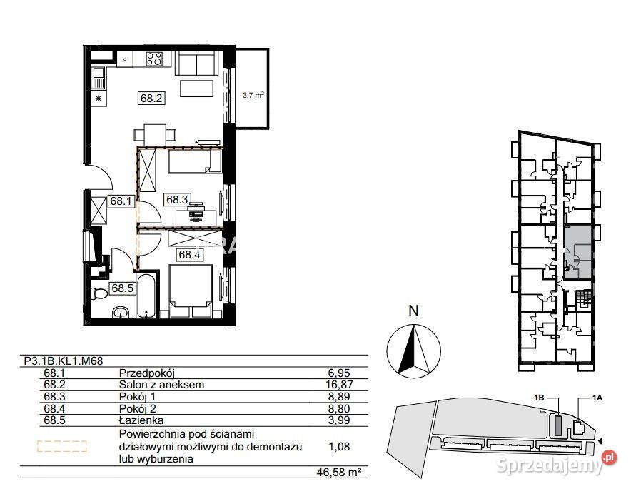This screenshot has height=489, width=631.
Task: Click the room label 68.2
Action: pyautogui.click(x=151, y=98)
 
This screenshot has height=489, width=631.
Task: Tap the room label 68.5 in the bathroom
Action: pyautogui.click(x=122, y=288)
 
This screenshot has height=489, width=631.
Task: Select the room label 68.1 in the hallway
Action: pyautogui.click(x=121, y=201)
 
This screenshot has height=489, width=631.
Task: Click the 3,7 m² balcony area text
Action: pyautogui.click(x=253, y=96)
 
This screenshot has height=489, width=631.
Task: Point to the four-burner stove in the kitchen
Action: pyautogui.click(x=154, y=59)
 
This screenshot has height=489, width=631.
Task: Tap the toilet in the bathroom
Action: pyautogui.click(x=99, y=293)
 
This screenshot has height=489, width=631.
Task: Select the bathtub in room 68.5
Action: pyautogui.click(x=146, y=296)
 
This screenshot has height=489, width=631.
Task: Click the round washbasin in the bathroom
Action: pyautogui.click(x=121, y=312)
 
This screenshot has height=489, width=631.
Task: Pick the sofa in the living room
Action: pyautogui.click(x=197, y=63)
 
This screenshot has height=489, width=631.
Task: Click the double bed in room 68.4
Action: pyautogui.click(x=191, y=291)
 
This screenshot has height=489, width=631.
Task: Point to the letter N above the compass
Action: pyautogui.click(x=414, y=311)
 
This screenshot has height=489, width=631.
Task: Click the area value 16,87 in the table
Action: pyautogui.click(x=339, y=385)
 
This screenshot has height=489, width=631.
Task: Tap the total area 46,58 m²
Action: pyautogui.click(x=338, y=472)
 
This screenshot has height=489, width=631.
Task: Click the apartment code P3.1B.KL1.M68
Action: pyautogui.click(x=64, y=361)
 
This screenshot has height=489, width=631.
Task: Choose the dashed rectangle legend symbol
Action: pyautogui.click(x=61, y=446)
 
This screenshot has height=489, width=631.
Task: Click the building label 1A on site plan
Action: pyautogui.click(x=597, y=398)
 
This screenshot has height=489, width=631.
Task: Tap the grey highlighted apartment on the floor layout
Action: pyautogui.click(x=578, y=253)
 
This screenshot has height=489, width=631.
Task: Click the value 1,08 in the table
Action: pyautogui.click(x=339, y=447)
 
